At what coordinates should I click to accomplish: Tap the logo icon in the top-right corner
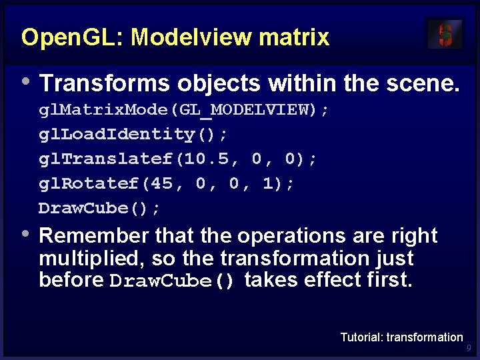click(x=445, y=34)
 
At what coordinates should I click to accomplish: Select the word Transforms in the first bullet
click(x=105, y=83)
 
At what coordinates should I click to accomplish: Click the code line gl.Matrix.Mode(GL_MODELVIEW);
click(x=183, y=109)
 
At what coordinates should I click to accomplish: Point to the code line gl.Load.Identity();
click(x=133, y=134)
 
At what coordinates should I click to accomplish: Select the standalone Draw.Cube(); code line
click(x=99, y=208)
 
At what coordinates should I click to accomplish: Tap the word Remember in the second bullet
click(x=95, y=235)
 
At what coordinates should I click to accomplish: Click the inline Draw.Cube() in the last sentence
click(x=173, y=281)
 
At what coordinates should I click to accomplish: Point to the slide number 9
click(x=469, y=348)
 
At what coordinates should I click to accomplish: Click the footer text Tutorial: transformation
click(x=401, y=337)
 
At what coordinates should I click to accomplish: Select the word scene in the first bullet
click(x=421, y=83)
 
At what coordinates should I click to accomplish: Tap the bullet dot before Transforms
click(x=26, y=81)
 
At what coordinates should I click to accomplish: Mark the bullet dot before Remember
click(x=26, y=233)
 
